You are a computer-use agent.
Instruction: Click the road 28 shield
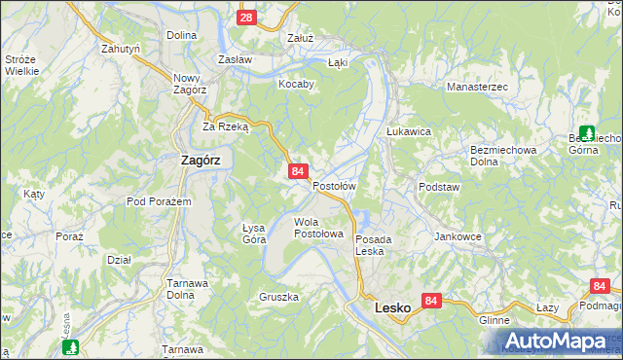tap(246, 18)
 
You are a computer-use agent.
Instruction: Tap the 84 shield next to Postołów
tap(299, 171)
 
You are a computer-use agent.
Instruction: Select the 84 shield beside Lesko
tap(433, 302)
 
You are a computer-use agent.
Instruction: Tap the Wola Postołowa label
tap(319, 228)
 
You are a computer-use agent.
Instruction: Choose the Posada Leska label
tap(373, 244)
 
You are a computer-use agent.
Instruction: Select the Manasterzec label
tap(478, 88)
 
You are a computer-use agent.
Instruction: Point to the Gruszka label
tap(278, 297)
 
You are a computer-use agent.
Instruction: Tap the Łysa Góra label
tap(253, 233)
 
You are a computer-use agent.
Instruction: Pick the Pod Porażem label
tap(159, 201)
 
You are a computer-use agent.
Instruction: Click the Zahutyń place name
tap(122, 48)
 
